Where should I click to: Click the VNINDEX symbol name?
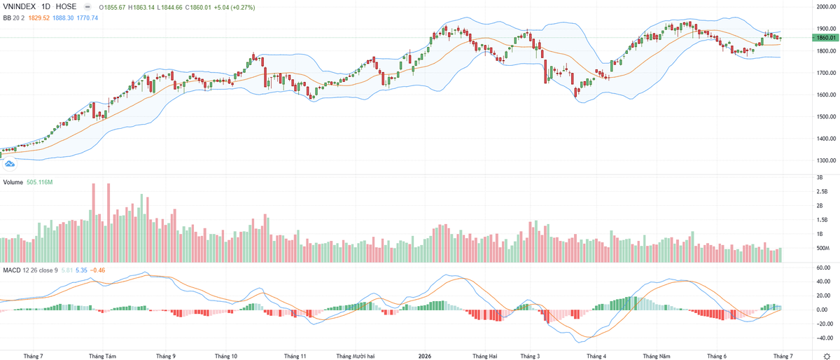[x=19, y=6]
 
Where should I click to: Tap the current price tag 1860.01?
[x=826, y=38]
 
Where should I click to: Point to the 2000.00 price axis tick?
[x=826, y=7]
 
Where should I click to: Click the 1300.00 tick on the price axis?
[x=826, y=160]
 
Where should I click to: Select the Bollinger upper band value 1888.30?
[x=63, y=18]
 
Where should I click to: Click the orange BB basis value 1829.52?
[x=39, y=18]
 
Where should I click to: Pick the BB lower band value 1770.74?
[x=87, y=18]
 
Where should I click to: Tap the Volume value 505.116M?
[x=40, y=182]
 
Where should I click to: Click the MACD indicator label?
[x=12, y=270]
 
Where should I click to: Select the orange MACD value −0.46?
[x=97, y=270]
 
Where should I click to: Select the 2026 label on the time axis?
[x=425, y=356]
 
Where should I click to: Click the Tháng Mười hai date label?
[x=355, y=356]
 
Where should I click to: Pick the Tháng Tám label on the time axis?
[x=102, y=356]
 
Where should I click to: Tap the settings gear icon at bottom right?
[x=827, y=356]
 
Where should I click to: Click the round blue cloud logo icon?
[x=9, y=164]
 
